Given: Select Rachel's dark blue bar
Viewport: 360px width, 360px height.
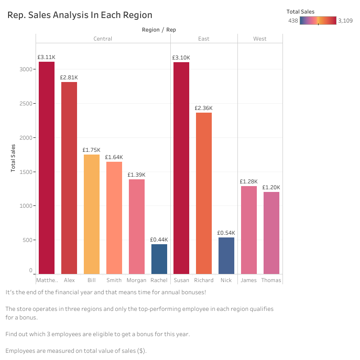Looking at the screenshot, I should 159,259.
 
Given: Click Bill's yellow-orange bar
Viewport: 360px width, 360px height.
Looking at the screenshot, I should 91,214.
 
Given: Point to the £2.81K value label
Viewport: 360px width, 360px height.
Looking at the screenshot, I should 69,77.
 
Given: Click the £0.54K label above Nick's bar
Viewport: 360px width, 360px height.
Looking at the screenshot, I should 226,233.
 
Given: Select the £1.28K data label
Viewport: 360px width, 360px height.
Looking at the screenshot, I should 248,182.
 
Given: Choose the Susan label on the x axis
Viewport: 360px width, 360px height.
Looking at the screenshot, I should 181,280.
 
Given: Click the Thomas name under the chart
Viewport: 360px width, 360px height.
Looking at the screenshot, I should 271,280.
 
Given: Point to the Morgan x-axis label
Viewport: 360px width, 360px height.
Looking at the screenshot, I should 137,280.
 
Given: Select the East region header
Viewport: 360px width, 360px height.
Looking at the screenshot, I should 204,39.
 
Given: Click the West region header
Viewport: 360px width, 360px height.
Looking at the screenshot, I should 260,39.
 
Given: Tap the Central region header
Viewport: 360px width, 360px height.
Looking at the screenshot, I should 103,39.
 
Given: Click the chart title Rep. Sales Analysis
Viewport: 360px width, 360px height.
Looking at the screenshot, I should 80,15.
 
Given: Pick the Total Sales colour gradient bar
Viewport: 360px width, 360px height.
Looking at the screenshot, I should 318,20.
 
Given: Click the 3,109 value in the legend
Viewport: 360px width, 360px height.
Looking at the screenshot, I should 345,21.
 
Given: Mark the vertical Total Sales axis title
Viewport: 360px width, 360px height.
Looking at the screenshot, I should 14,158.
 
